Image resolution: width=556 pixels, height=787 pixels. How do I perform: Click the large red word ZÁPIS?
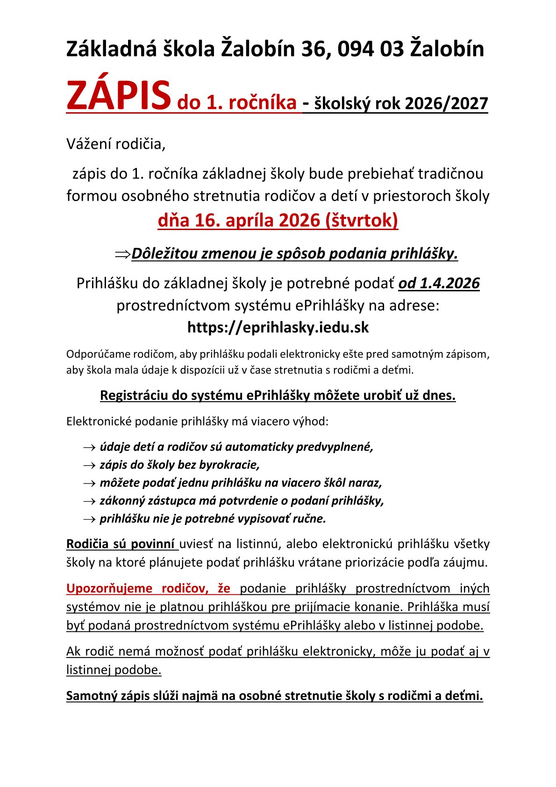118,95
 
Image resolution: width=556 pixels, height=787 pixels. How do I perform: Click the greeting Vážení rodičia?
116,144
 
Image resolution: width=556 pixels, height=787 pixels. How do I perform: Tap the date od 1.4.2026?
439,283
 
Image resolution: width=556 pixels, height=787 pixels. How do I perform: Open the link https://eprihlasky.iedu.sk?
278,327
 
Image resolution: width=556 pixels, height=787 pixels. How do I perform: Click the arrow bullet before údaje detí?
89,448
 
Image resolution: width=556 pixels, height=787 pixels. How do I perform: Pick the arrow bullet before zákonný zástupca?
89,501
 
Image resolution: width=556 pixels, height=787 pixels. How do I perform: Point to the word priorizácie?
377,562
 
